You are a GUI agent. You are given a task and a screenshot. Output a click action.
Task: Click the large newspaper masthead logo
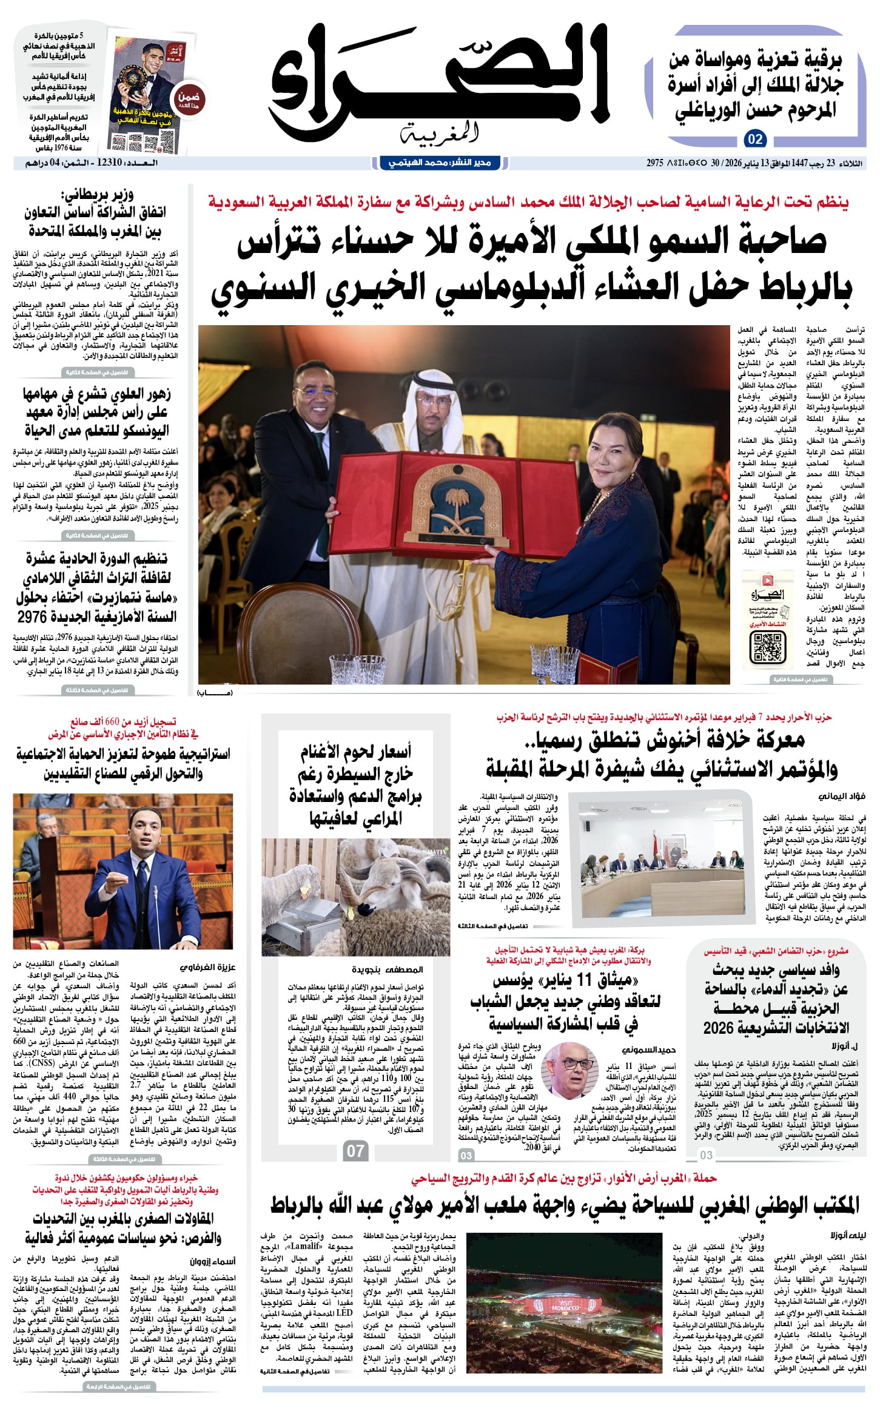pyautogui.click(x=440, y=85)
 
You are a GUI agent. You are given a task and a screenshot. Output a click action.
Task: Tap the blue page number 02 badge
pyautogui.click(x=754, y=140)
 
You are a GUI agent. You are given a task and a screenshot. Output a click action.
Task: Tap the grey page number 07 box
pyautogui.click(x=355, y=1151)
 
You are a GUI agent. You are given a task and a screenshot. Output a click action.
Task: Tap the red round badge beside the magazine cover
pyautogui.click(x=189, y=99)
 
